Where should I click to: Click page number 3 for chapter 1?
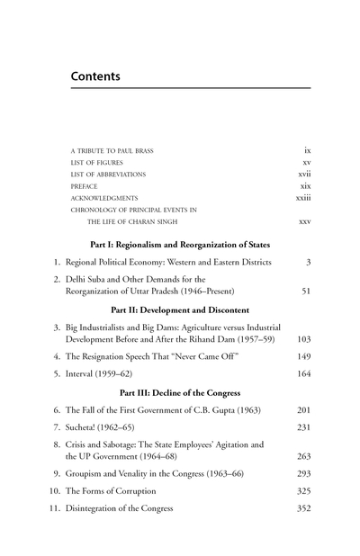tap(308, 261)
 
